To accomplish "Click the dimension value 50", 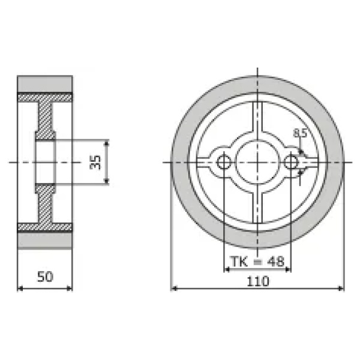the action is [45, 277].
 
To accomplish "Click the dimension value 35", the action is [95, 162].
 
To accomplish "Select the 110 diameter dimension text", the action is [257, 281].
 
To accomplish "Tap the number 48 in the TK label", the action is [277, 261].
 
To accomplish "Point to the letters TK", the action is [239, 261].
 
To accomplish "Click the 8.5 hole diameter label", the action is [300, 133].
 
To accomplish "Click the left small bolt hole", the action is [224, 163].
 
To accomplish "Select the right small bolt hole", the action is [291, 163].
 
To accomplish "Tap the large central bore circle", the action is [257, 163].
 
